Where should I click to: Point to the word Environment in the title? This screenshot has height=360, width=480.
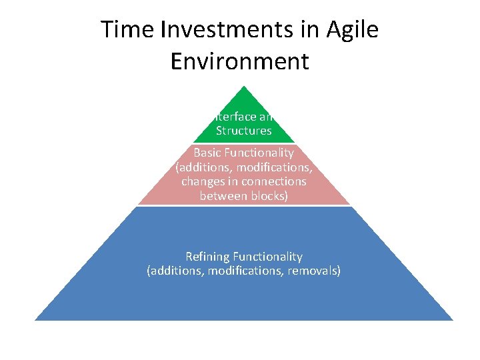[240, 61]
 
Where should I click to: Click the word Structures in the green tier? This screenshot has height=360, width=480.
[243, 131]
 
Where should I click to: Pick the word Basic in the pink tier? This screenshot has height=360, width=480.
[207, 153]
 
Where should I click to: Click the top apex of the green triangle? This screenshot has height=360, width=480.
[244, 87]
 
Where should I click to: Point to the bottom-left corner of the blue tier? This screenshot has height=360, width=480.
[36, 319]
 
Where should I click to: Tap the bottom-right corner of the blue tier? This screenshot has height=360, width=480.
[452, 319]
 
